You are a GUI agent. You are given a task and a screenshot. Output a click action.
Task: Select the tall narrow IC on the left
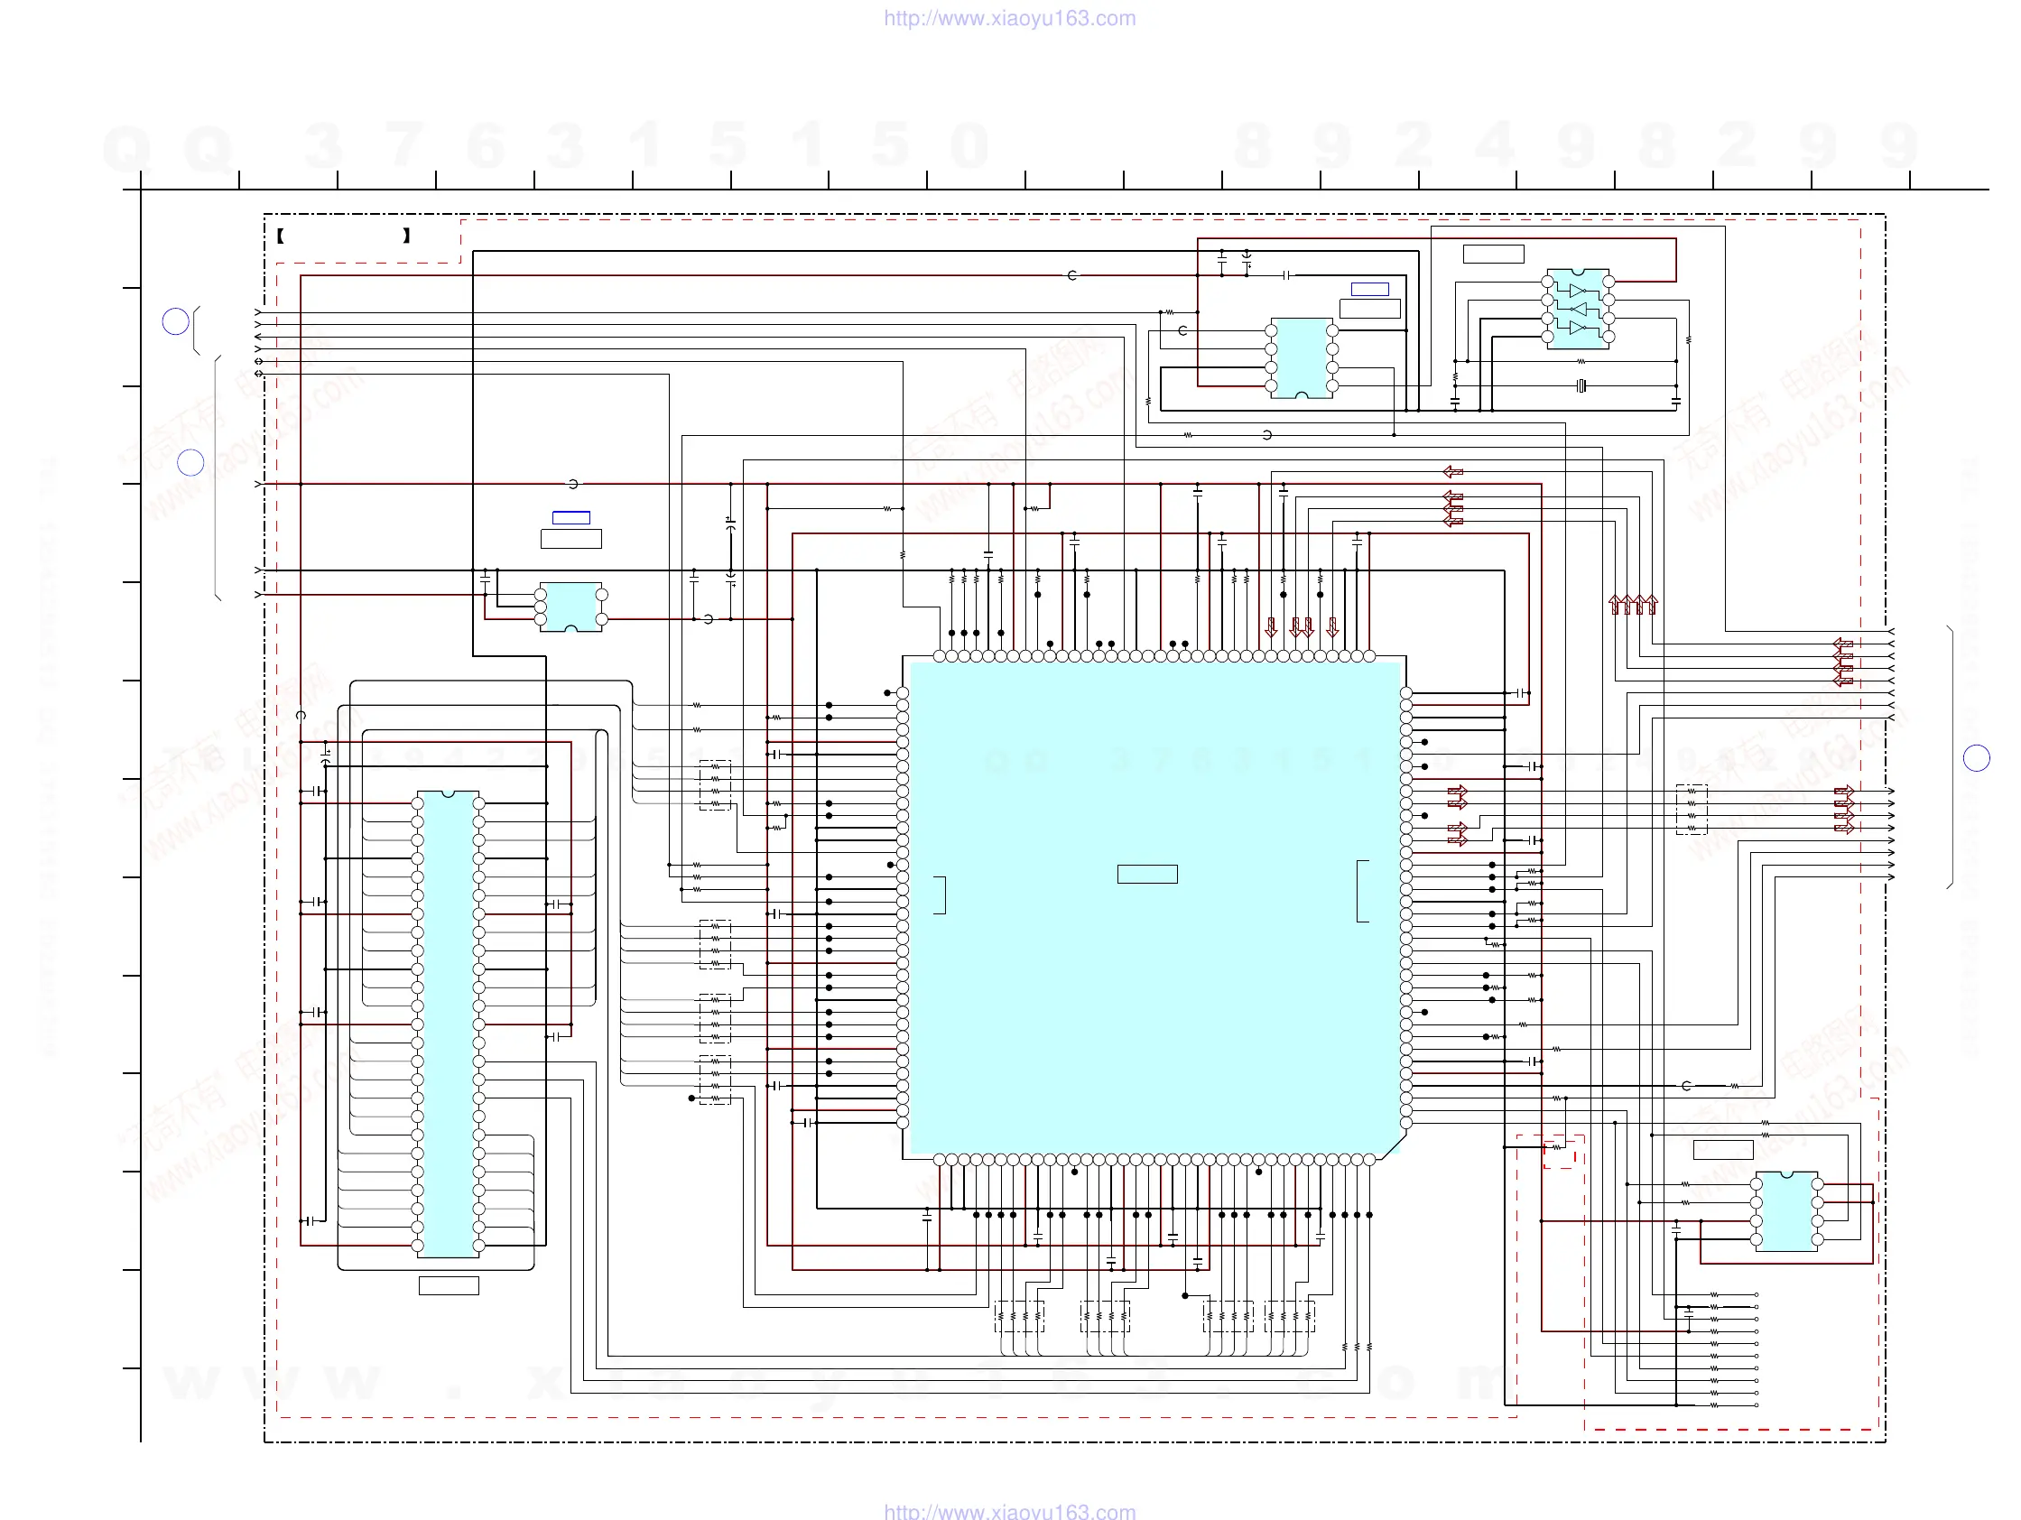[448, 1023]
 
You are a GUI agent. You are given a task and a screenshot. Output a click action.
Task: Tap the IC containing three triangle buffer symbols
[1578, 309]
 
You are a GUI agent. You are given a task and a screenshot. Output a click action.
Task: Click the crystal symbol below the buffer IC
[1581, 385]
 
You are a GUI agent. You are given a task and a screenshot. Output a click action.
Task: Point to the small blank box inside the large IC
[1146, 875]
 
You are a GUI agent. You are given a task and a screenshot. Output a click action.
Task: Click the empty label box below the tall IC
[449, 1285]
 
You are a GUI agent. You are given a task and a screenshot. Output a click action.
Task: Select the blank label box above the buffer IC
[1493, 254]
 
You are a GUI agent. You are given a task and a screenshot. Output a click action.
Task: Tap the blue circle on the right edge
[1976, 757]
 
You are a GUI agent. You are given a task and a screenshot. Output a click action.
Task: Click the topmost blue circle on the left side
[175, 321]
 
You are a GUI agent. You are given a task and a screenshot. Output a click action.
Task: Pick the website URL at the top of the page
[1009, 18]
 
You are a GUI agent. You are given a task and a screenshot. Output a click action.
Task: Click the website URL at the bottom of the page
[1009, 1511]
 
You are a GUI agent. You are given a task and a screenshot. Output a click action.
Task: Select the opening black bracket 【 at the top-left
[281, 236]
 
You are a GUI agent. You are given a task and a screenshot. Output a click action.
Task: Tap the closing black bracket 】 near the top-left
[406, 236]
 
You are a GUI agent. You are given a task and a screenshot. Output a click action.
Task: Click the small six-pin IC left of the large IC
[571, 607]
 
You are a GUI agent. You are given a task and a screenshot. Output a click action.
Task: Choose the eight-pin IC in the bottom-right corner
[1786, 1212]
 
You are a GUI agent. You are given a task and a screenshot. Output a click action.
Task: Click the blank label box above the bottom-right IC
[1723, 1150]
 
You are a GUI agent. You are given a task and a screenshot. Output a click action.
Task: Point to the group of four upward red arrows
[1633, 604]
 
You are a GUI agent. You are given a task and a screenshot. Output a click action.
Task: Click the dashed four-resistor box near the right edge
[1692, 810]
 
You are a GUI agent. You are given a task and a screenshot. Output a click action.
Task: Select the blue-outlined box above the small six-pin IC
[571, 518]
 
